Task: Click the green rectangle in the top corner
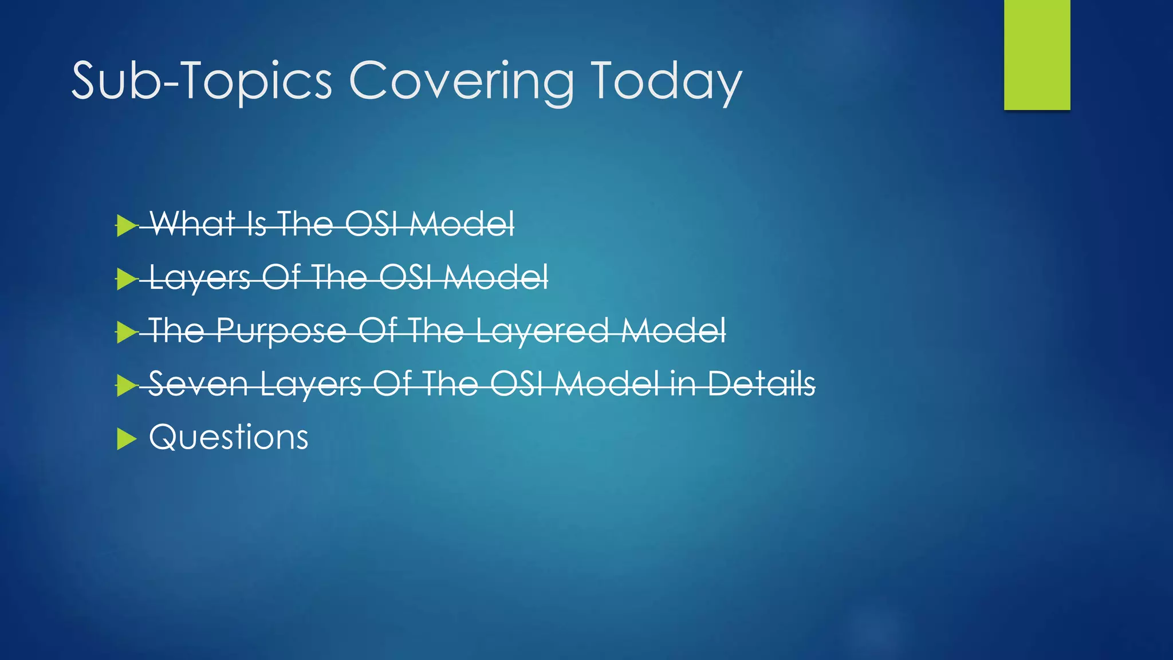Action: tap(1037, 55)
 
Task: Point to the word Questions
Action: tap(229, 438)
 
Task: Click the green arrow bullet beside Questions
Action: tap(127, 439)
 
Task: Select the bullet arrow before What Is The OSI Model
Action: tap(127, 225)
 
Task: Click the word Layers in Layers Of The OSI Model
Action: tap(199, 277)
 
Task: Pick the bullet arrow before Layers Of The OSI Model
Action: tap(127, 279)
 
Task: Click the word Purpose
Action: tap(281, 331)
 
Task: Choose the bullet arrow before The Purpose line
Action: tap(127, 332)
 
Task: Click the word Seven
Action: tap(198, 383)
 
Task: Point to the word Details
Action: tap(761, 383)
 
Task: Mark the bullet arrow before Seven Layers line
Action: tap(127, 385)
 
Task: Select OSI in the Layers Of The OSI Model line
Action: tap(404, 277)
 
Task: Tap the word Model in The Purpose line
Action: tap(674, 331)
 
